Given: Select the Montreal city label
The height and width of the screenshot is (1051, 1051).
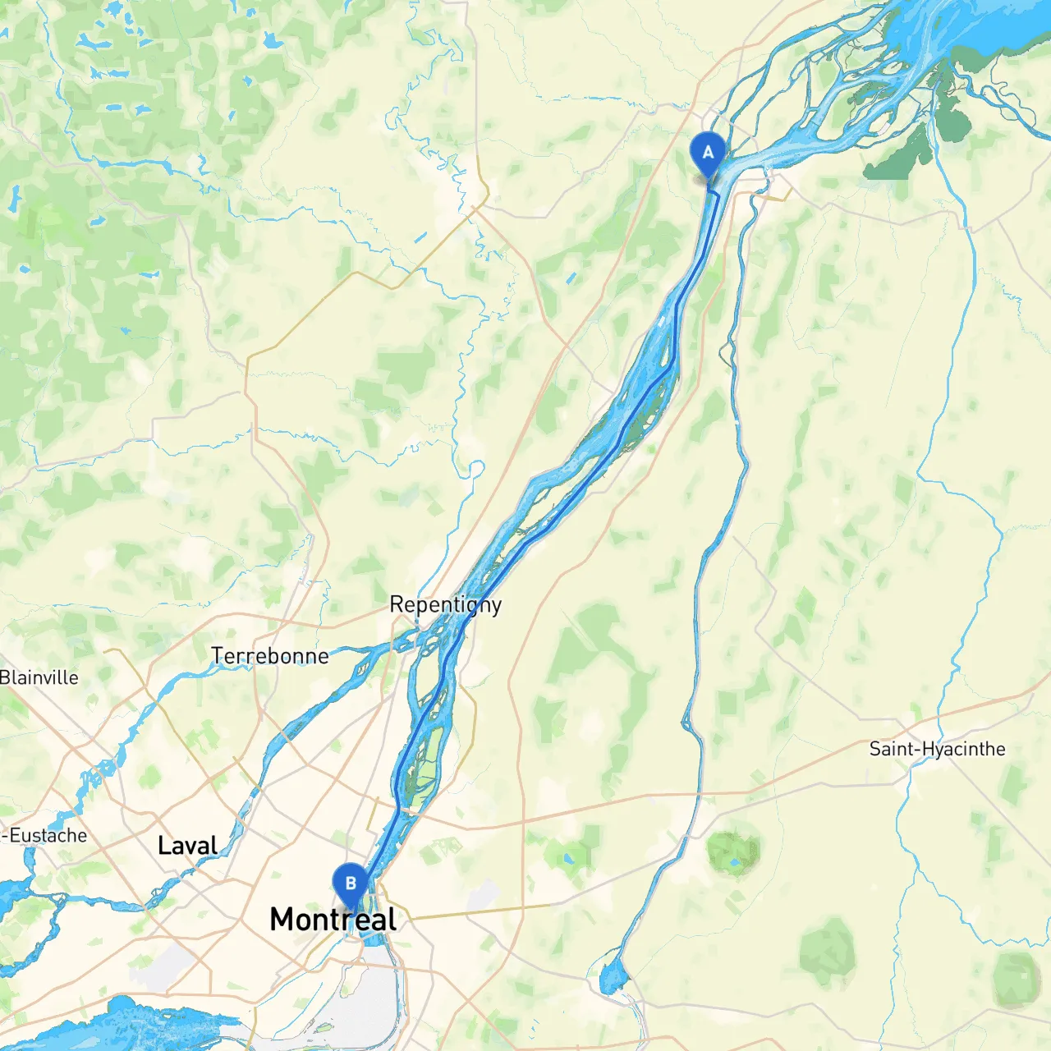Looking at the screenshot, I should (x=333, y=920).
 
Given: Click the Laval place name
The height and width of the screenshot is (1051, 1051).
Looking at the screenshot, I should (x=187, y=846).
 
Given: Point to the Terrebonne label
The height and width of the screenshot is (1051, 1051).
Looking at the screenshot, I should (x=270, y=656).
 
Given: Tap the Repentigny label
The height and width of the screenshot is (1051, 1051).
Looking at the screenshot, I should (x=445, y=605).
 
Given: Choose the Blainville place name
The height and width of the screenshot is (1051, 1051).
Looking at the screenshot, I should (x=39, y=677).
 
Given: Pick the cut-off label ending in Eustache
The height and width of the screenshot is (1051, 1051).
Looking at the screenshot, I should (x=44, y=835).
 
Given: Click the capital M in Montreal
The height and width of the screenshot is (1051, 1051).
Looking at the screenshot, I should (x=282, y=920).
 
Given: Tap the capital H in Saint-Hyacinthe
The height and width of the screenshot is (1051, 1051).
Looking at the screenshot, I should (x=929, y=749).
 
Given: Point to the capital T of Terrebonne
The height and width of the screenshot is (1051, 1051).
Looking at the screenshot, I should (x=217, y=656).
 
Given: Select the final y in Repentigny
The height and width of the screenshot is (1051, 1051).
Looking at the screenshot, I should (x=496, y=608).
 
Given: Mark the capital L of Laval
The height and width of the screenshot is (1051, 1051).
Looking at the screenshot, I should (x=163, y=846).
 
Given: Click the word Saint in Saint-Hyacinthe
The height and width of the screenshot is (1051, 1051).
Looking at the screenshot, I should (x=892, y=749).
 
